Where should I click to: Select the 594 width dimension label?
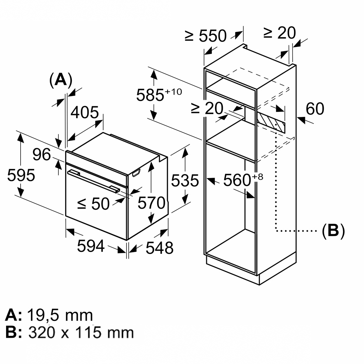pos(91,246)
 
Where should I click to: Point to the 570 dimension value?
pos(151,203)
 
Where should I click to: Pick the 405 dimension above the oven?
pos(85,113)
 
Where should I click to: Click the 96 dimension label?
pos(42,155)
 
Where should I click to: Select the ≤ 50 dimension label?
pos(93,204)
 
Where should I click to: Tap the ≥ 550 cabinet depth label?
pos(205,36)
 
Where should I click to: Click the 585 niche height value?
pos(150,95)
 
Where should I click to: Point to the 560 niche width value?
pos(237,181)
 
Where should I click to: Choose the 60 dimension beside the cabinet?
pos(315,109)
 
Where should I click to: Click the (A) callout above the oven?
pos(60,80)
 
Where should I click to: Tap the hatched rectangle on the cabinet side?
pos(272,121)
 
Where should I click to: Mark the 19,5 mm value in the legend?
pos(60,315)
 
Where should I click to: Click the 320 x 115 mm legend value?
pos(81,333)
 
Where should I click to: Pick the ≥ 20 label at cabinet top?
pos(279,33)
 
